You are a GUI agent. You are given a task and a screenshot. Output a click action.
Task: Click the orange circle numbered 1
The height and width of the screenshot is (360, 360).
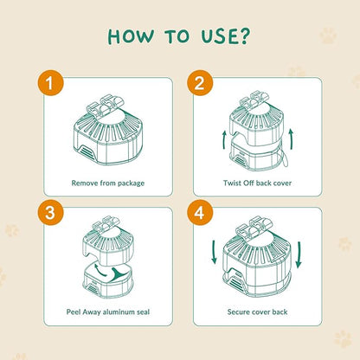coord(50,83)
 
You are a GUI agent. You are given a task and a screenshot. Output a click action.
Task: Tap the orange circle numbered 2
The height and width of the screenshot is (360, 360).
coord(200,83)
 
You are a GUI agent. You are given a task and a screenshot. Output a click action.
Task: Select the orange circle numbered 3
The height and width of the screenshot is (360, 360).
coord(50,213)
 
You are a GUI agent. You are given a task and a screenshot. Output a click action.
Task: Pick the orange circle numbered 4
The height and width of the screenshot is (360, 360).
coord(200,213)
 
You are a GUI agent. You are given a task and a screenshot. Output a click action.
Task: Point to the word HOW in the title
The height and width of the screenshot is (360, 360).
coord(131,36)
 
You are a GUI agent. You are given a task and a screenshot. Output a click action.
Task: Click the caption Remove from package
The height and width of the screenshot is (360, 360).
coord(108,183)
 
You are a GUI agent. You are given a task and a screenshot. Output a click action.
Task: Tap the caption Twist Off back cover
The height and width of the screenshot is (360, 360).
coord(257,183)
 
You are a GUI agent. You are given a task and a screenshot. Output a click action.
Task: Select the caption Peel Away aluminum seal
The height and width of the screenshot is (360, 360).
coord(108,312)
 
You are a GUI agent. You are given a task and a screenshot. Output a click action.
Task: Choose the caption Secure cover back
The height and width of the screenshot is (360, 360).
coord(257,312)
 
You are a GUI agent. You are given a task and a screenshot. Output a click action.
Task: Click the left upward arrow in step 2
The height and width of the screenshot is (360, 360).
coord(224,140)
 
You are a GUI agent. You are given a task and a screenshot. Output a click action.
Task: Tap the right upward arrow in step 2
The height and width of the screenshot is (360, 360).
coord(291,139)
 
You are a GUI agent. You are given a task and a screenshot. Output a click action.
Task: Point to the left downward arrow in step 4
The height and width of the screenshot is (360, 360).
coord(214,252)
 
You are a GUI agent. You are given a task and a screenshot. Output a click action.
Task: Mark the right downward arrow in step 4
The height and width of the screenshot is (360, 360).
coord(299,254)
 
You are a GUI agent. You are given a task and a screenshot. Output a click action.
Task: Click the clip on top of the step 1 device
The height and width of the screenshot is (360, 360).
coord(106,105)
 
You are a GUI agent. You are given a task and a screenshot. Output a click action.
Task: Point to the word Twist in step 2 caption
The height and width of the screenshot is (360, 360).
coord(232,183)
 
